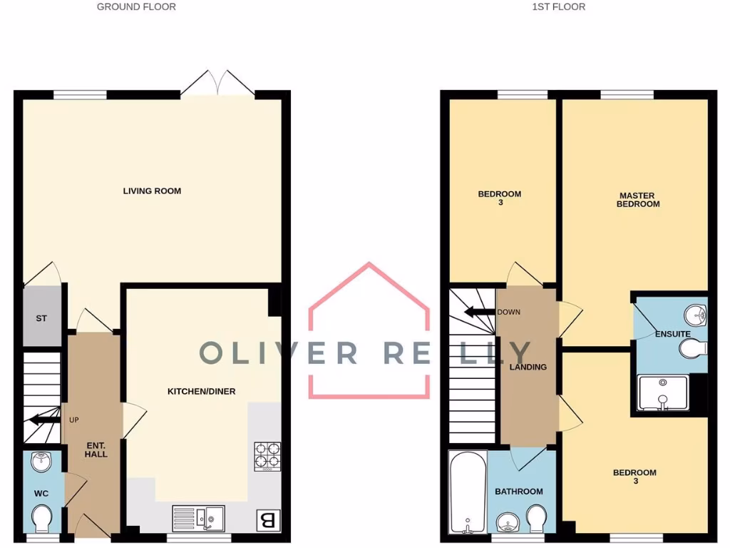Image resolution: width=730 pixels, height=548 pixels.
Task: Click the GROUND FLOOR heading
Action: click(136, 7)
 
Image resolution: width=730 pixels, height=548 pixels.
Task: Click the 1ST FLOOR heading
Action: click(558, 7)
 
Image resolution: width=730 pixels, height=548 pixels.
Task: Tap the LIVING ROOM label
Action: click(152, 191)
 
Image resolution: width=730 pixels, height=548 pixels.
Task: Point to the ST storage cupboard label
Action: click(41, 318)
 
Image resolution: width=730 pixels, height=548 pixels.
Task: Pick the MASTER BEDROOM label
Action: click(639, 200)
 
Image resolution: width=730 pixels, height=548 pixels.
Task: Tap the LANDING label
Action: click(528, 367)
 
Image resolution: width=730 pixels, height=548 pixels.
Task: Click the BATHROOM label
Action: click(519, 492)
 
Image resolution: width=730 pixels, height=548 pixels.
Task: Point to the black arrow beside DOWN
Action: click(479, 311)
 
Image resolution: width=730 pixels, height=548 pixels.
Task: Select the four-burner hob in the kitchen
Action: click(267, 457)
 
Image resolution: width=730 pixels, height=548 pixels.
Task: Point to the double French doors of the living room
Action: click(217, 83)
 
